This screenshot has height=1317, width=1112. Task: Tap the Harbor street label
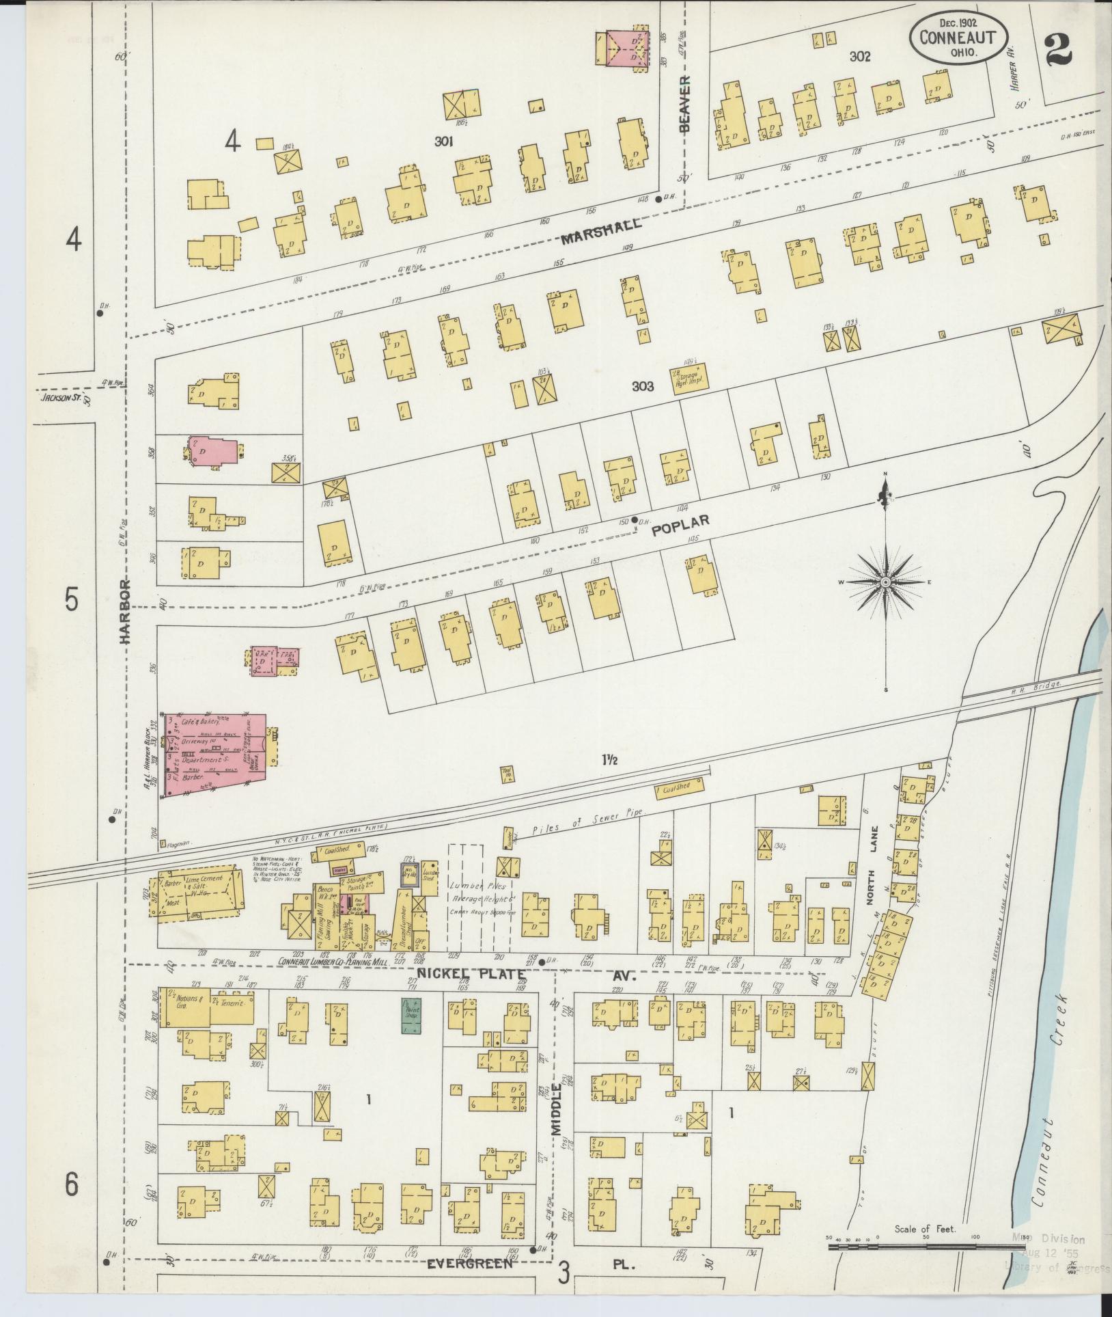click(x=124, y=612)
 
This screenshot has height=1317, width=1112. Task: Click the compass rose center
click(x=885, y=582)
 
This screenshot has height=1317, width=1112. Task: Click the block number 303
click(x=642, y=386)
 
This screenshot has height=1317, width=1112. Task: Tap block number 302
click(x=859, y=57)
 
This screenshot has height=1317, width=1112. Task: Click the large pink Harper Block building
click(x=213, y=754)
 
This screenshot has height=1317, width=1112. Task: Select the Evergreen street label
click(x=469, y=1264)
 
